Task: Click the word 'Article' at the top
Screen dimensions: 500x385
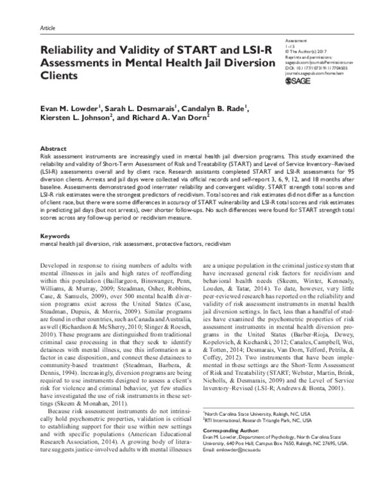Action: [47, 30]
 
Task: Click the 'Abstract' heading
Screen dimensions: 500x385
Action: [53, 147]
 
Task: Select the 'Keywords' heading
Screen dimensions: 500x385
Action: [55, 236]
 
